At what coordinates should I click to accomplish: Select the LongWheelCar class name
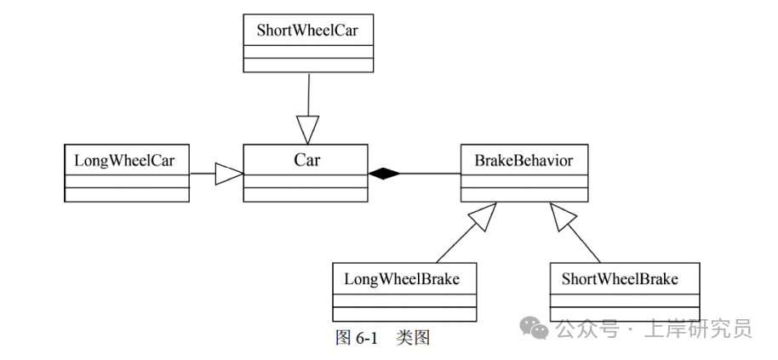click(126, 159)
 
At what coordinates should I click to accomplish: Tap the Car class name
click(306, 159)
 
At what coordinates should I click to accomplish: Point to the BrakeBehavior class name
click(523, 159)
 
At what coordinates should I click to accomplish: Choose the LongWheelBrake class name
click(403, 278)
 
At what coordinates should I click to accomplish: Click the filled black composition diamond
click(384, 174)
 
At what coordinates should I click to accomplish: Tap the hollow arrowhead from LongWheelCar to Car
click(229, 174)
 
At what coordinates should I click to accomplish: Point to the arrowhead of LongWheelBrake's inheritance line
click(481, 216)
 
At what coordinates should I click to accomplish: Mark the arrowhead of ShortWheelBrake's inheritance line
click(563, 216)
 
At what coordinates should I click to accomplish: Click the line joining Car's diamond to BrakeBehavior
click(431, 174)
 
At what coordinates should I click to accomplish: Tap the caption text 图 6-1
click(356, 338)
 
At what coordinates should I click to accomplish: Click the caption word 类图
click(414, 338)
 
